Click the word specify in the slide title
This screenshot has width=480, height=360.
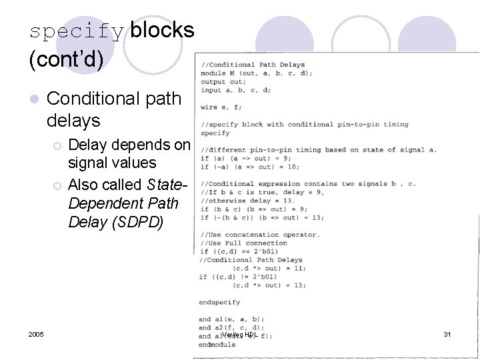pyautogui.click(x=76, y=31)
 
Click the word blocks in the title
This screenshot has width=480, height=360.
pyautogui.click(x=163, y=30)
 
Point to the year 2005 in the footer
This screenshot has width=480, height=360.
pyautogui.click(x=37, y=334)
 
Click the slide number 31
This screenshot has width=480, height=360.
pyautogui.click(x=447, y=334)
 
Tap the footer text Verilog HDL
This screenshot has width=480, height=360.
pyautogui.click(x=239, y=334)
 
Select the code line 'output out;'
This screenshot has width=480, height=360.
pyautogui.click(x=223, y=82)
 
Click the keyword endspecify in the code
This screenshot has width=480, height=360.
pyautogui.click(x=219, y=302)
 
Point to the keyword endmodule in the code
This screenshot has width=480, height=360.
pyautogui.click(x=217, y=345)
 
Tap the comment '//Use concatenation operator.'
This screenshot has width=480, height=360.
pyautogui.click(x=260, y=235)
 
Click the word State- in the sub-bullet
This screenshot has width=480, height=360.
pyautogui.click(x=163, y=185)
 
